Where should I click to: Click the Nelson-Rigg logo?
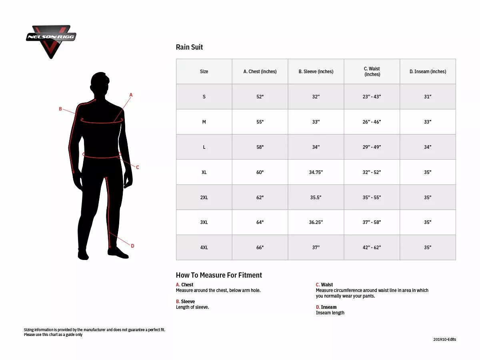pos(51,40)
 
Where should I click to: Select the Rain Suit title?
pos(189,47)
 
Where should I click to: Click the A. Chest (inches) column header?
pos(260,72)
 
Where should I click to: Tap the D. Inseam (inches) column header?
pos(428,72)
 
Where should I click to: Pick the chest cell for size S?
pos(260,97)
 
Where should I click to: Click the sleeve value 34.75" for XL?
pos(316,172)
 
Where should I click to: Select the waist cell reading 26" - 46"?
pos(372,122)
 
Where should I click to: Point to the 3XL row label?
pos(204,222)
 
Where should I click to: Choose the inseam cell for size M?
pos(428,122)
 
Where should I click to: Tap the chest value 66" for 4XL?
pos(260,248)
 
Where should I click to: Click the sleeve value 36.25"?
pos(316,222)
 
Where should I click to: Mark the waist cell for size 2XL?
pos(372,198)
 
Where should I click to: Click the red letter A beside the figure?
pos(131,95)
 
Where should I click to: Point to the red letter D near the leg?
pos(132,246)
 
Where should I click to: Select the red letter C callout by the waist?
pos(137,168)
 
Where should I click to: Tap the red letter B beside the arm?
pos(60,109)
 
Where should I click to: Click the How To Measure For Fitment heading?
pos(219,275)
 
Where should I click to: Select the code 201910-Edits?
pos(444,340)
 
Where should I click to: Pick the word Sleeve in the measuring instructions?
pos(188,302)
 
